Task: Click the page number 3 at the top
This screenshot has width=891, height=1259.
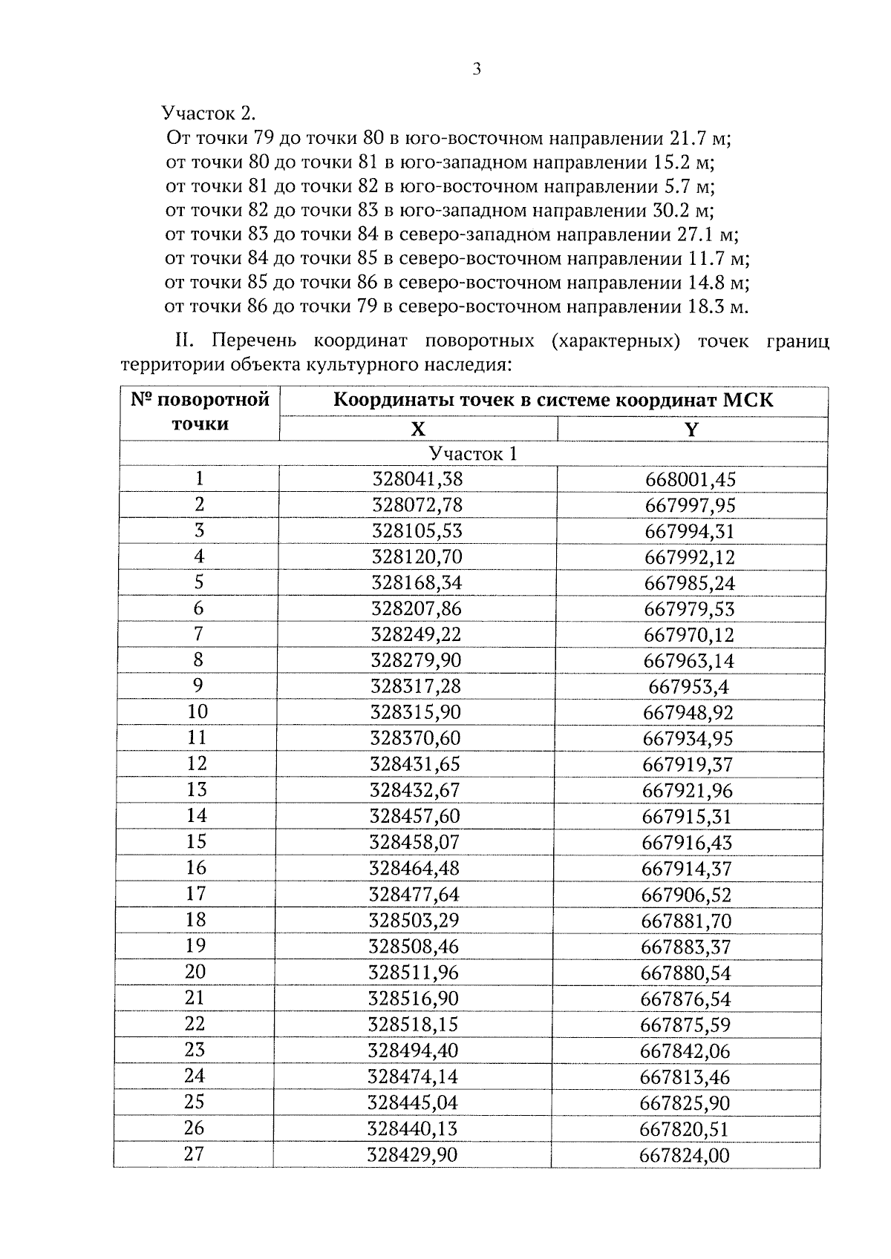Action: (x=477, y=70)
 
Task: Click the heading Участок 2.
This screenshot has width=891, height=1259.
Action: (x=209, y=114)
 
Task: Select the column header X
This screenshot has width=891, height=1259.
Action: (x=418, y=430)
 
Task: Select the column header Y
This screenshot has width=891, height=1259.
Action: (x=691, y=430)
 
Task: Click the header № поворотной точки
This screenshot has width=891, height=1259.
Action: (x=200, y=412)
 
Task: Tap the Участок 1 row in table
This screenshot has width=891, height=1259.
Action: (x=473, y=454)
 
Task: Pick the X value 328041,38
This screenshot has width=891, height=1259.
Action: (x=417, y=479)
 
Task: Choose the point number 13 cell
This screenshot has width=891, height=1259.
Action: (x=198, y=790)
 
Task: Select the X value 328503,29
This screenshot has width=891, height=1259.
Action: (x=414, y=921)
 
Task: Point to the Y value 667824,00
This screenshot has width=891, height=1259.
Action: (x=685, y=1155)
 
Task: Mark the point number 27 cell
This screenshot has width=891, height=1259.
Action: (x=195, y=1154)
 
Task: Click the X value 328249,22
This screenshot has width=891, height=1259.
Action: (x=417, y=635)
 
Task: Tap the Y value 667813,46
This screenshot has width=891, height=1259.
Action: (x=685, y=1077)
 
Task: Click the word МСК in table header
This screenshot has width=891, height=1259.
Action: (x=748, y=401)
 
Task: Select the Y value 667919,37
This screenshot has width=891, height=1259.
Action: (x=688, y=764)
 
